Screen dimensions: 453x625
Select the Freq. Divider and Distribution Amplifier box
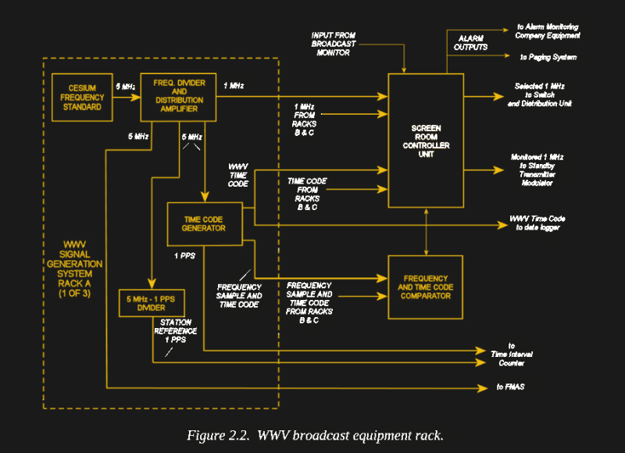[178, 97]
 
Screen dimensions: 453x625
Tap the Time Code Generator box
[205, 223]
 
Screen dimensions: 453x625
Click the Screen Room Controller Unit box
[426, 140]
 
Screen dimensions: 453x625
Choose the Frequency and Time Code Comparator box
[426, 287]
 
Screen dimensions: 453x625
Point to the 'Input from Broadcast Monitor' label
[334, 43]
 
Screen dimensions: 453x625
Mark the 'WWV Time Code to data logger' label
[537, 223]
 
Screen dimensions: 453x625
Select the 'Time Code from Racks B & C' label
[307, 194]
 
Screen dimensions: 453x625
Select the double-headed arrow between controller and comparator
[426, 231]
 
